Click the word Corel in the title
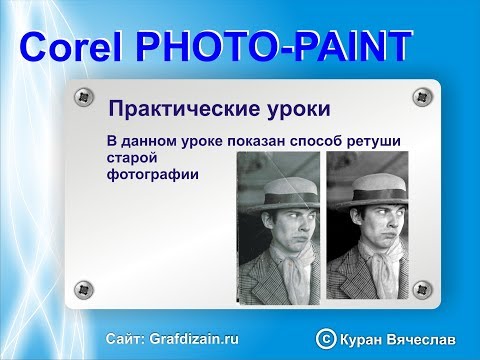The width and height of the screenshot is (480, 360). [70, 47]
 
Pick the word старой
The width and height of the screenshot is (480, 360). [131, 157]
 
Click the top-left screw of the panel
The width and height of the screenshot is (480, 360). [82, 97]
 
